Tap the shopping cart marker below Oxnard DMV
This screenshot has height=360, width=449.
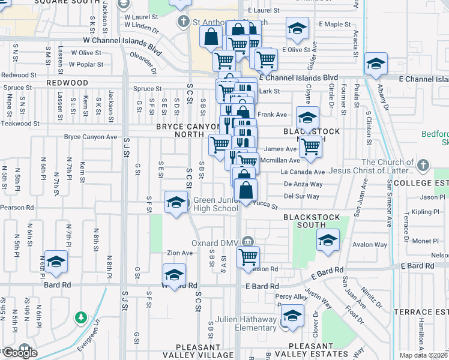(248, 257)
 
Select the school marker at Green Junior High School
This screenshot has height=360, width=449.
(176, 202)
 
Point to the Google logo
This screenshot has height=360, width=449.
(20, 353)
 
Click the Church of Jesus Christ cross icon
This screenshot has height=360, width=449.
(424, 164)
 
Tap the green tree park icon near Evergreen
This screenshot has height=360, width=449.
(80, 316)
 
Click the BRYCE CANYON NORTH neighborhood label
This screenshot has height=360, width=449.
(188, 131)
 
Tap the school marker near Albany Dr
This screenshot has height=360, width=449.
(376, 64)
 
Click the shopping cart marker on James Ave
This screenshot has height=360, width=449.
(310, 145)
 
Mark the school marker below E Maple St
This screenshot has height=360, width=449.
(296, 29)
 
